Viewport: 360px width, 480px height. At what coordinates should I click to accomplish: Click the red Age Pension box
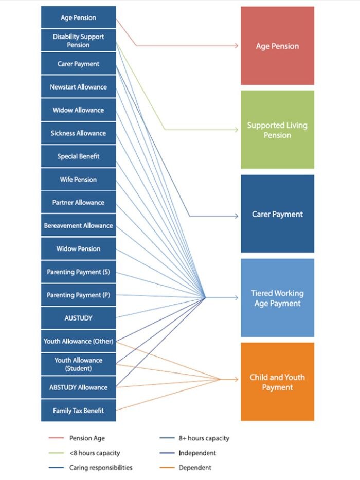click(x=277, y=46)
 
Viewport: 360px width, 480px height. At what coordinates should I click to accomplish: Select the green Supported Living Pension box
click(x=277, y=130)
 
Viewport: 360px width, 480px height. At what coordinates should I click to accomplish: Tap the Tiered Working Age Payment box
click(x=277, y=298)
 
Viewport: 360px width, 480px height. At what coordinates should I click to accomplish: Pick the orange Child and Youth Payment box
click(x=277, y=382)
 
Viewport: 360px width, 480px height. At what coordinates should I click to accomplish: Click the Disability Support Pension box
click(x=78, y=41)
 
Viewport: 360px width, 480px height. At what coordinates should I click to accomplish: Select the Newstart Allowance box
click(x=78, y=87)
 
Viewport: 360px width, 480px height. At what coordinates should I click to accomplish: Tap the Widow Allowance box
click(x=78, y=110)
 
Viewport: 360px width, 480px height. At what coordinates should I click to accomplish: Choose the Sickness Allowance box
click(x=78, y=133)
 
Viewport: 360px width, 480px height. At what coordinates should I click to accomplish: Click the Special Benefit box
click(x=78, y=156)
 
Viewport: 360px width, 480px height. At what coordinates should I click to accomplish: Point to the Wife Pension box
click(x=78, y=180)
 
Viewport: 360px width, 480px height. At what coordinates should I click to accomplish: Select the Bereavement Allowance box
click(x=78, y=225)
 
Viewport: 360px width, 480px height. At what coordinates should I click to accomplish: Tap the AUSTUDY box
click(x=78, y=318)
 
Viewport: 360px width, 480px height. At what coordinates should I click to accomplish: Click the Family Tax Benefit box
click(x=78, y=411)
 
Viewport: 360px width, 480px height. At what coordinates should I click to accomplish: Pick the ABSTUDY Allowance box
click(x=78, y=387)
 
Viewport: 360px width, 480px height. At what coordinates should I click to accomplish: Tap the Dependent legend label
click(x=195, y=468)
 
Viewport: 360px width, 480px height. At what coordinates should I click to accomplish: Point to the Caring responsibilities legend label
click(x=101, y=468)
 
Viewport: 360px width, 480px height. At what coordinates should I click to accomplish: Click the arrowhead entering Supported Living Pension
click(x=237, y=130)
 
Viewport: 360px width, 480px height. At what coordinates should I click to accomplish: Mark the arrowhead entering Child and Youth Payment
click(x=237, y=380)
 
